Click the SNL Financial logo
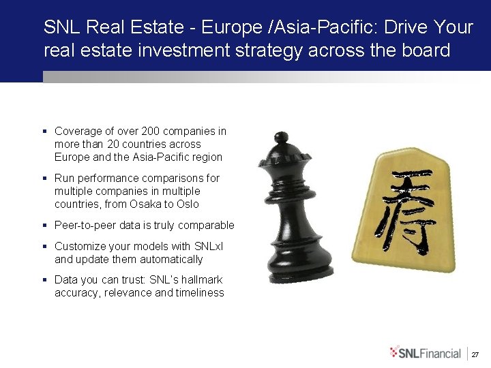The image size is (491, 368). [426, 352]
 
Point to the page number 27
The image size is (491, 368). [476, 354]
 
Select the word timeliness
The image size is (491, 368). [200, 292]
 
